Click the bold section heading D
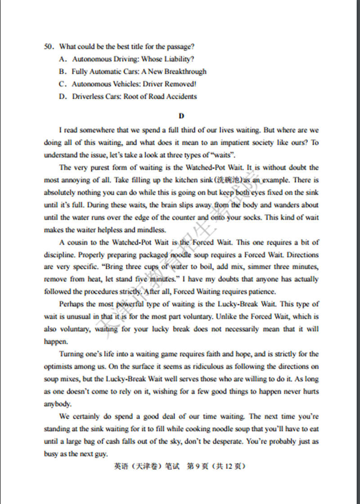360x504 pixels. point(181,116)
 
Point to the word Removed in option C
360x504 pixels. point(180,84)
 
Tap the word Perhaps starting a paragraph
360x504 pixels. point(71,304)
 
